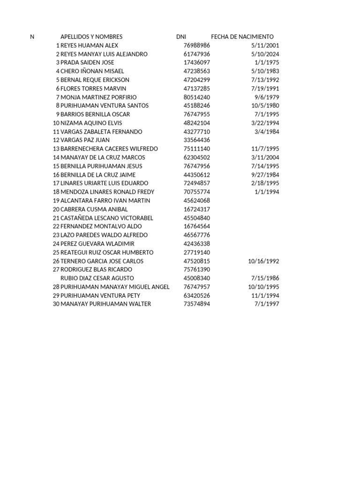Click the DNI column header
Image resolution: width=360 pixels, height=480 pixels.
[181, 37]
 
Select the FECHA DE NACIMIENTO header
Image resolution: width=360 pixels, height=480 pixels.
[242, 37]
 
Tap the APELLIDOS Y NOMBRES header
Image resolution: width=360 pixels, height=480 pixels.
[91, 37]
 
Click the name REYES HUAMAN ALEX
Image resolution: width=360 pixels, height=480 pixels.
[90, 45]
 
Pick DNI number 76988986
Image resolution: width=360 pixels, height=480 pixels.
[196, 45]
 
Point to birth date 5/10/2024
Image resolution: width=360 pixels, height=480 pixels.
[265, 54]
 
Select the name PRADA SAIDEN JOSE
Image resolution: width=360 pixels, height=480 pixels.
[88, 62]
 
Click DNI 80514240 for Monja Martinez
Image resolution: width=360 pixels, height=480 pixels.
[196, 97]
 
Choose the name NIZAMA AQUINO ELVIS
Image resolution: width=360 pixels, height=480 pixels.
[91, 123]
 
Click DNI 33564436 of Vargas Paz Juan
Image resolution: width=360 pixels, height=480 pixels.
[196, 140]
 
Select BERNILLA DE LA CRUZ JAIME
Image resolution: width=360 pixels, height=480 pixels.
[98, 175]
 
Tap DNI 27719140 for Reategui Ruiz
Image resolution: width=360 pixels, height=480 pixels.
[196, 252]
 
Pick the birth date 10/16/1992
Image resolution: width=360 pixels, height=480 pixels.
[263, 261]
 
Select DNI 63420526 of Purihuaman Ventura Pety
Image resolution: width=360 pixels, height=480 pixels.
[196, 295]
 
